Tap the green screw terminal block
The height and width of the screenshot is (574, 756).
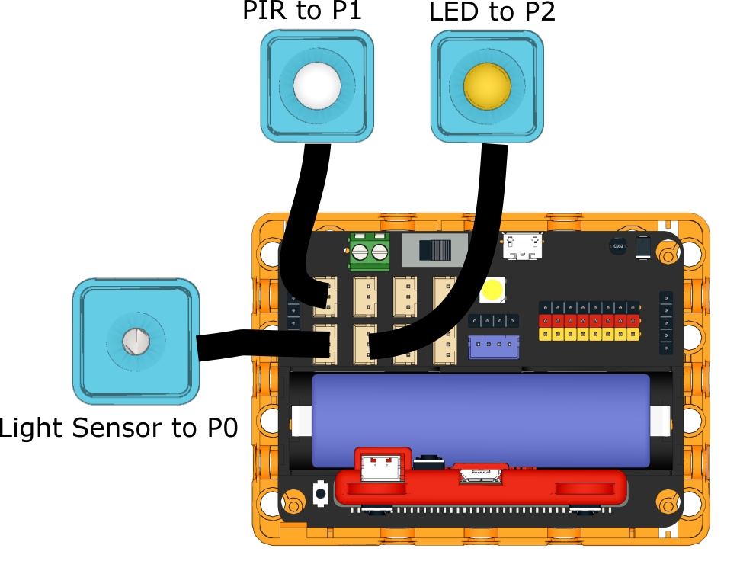click(x=370, y=252)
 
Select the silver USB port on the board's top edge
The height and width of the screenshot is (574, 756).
click(x=523, y=246)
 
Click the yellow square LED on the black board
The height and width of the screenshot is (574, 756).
click(x=492, y=290)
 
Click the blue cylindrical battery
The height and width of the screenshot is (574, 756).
click(x=481, y=420)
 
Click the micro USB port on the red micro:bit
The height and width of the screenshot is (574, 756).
click(x=481, y=475)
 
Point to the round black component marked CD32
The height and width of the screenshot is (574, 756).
click(x=619, y=246)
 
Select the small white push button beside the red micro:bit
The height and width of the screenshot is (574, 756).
click(x=321, y=493)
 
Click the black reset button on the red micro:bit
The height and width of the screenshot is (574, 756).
click(x=429, y=461)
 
